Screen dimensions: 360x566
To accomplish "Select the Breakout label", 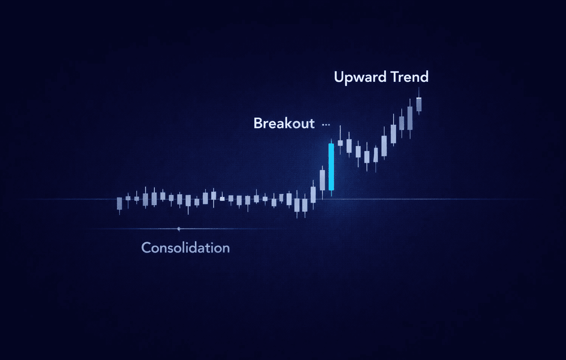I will tap(284, 123).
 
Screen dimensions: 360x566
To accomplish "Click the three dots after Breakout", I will tap(326, 124).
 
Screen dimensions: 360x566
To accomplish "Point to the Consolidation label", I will tap(186, 248).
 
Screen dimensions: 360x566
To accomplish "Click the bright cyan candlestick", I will tap(331, 167).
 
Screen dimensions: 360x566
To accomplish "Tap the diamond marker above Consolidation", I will tap(179, 229).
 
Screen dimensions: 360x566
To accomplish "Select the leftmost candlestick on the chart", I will tap(120, 204).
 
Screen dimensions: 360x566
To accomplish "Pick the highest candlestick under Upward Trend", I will tap(419, 104).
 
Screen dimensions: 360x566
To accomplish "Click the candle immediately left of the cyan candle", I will tap(322, 180).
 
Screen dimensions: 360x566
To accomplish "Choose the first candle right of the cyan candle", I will tap(340, 143).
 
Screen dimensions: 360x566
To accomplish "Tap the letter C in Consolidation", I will tap(147, 248).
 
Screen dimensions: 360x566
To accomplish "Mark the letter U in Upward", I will tap(339, 77).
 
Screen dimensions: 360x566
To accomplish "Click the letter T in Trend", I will tap(396, 77).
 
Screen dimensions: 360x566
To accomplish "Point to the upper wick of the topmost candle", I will tap(419, 92).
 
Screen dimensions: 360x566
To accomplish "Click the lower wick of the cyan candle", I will tap(331, 193).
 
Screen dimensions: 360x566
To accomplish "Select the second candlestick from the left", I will tap(128, 198).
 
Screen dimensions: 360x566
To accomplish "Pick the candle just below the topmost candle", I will tap(410, 118).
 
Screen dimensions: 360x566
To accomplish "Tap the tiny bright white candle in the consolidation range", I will tap(222, 198).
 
